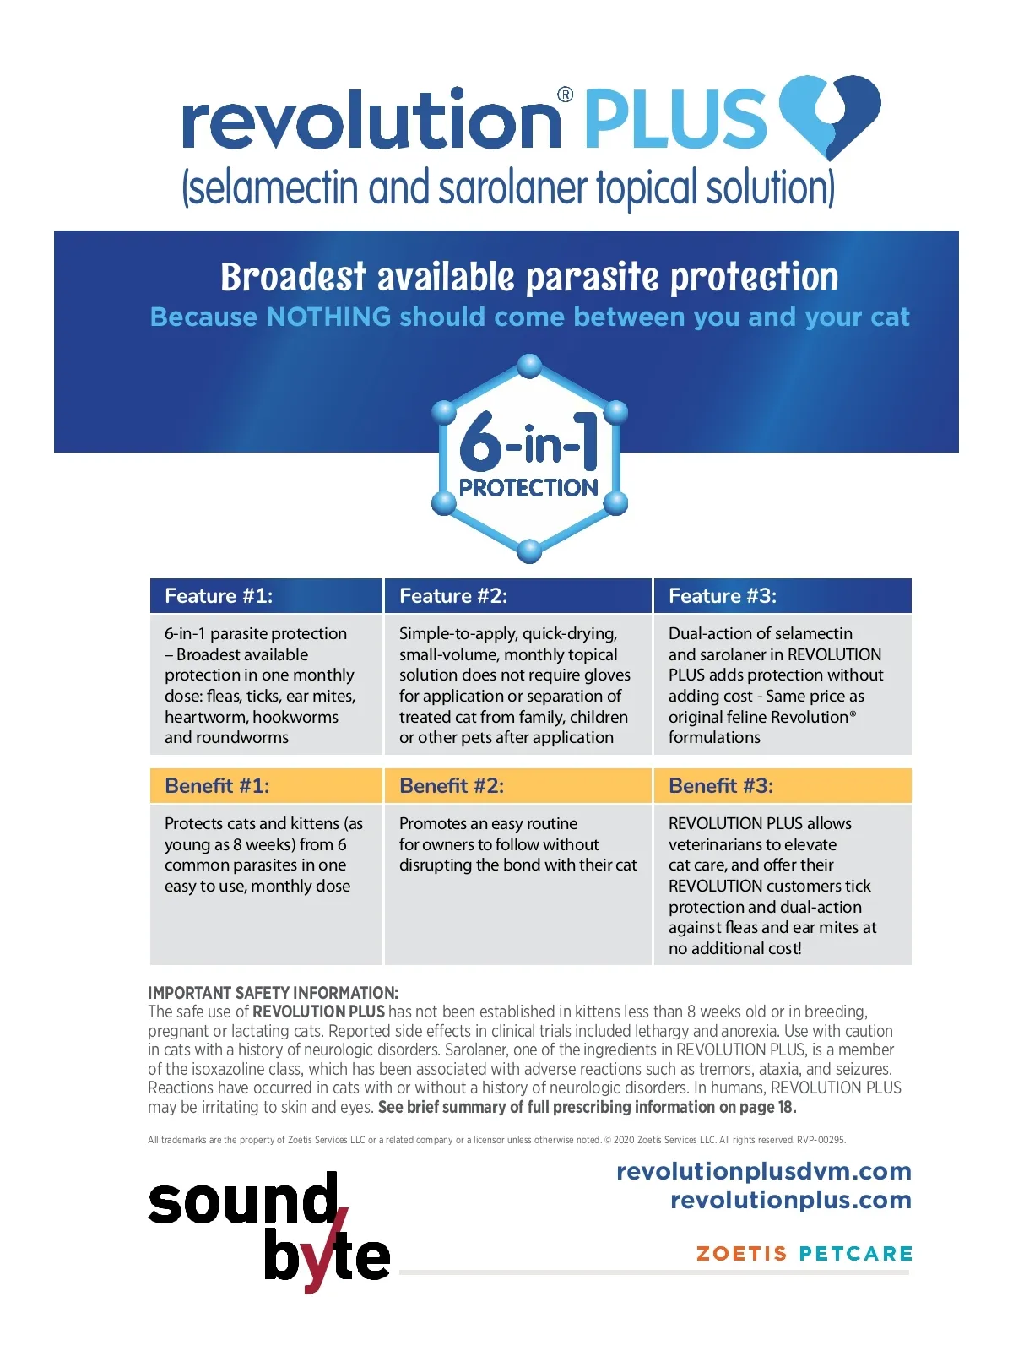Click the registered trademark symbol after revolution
(x=566, y=95)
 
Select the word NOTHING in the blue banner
(x=328, y=317)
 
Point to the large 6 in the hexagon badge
(x=481, y=442)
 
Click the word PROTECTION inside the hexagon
(x=528, y=488)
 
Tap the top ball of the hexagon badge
(x=529, y=366)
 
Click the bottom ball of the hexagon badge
(x=529, y=551)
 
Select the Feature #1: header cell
(x=266, y=596)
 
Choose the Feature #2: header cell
(x=517, y=596)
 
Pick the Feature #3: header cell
(x=782, y=596)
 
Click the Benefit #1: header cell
(x=266, y=786)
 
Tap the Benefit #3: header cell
(x=782, y=786)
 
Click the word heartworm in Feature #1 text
(x=204, y=717)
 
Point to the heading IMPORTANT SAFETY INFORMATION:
(x=273, y=993)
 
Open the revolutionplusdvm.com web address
(x=763, y=1171)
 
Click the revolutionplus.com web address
(x=790, y=1200)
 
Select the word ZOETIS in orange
(x=741, y=1253)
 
